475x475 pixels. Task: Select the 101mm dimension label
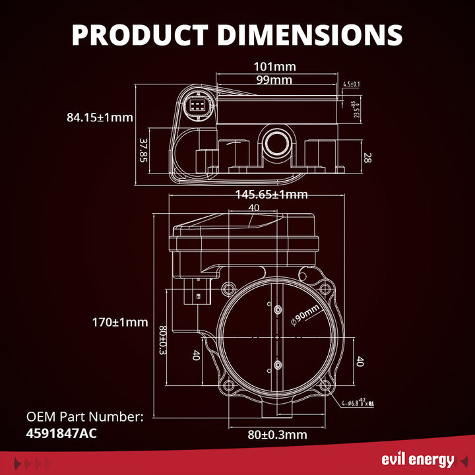click(x=274, y=67)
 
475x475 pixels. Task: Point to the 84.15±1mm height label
click(x=100, y=118)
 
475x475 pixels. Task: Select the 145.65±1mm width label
click(x=271, y=195)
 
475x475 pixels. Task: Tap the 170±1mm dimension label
click(x=120, y=323)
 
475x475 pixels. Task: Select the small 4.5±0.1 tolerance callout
click(x=351, y=84)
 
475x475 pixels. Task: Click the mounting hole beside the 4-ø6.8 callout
click(x=325, y=387)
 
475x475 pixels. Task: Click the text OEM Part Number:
click(x=84, y=417)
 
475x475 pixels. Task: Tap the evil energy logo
click(x=418, y=460)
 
